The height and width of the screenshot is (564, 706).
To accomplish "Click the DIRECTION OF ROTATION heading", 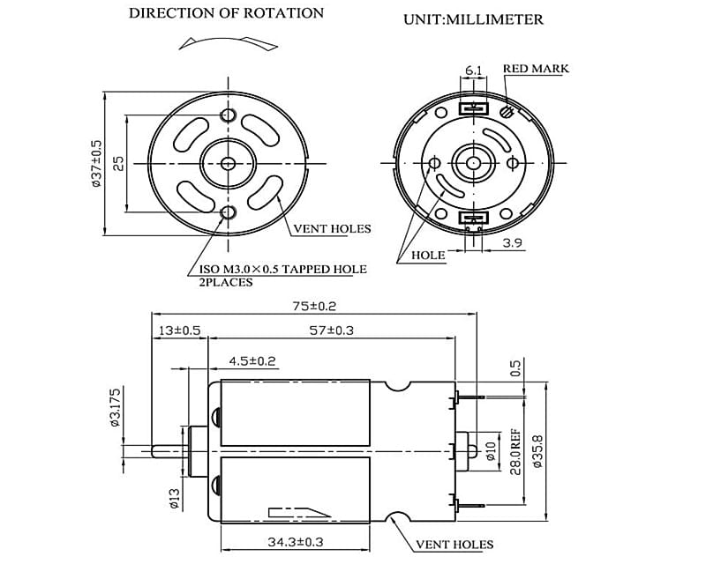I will tap(226, 13).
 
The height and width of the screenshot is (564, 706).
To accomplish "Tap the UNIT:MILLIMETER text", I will tap(473, 19).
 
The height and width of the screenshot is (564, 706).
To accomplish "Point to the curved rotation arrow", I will tap(227, 42).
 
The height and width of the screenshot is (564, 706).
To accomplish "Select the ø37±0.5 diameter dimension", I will tap(95, 163).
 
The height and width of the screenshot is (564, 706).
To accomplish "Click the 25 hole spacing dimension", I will tap(117, 163).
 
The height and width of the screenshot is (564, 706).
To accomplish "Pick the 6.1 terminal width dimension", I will tap(473, 70).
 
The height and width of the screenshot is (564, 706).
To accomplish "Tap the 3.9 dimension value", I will tap(513, 242).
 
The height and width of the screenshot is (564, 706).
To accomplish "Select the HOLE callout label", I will tap(429, 256).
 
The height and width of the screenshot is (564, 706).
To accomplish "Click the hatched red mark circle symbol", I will tap(506, 112).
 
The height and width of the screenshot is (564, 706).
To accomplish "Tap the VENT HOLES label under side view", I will tap(454, 545).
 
